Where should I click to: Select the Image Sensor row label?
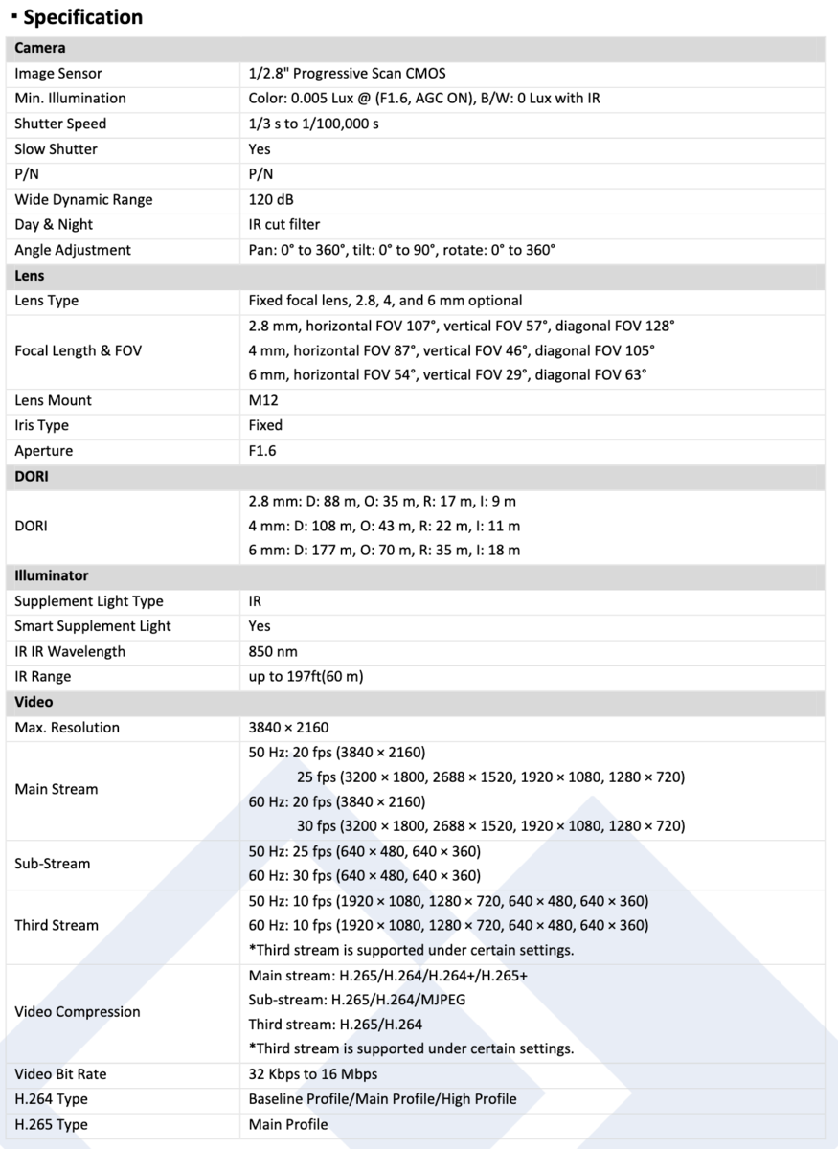pos(58,74)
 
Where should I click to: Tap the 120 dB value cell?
pos(271,200)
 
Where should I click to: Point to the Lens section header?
pos(30,276)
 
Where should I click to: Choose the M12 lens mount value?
pos(263,400)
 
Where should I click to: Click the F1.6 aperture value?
pos(262,451)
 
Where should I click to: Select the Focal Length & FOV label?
pos(79,350)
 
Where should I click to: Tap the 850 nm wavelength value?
pos(273,651)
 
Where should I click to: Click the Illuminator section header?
pos(52,576)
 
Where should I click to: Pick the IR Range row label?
pos(43,677)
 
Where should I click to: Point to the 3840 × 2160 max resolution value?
pos(288,728)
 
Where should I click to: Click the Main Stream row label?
pos(57,790)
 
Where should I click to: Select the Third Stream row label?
pos(57,925)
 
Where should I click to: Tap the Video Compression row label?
pos(78,1012)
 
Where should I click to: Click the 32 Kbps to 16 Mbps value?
pos(313,1074)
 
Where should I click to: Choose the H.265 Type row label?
pos(52,1125)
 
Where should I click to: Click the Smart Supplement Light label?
pos(93,626)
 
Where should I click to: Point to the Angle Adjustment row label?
pos(73,250)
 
